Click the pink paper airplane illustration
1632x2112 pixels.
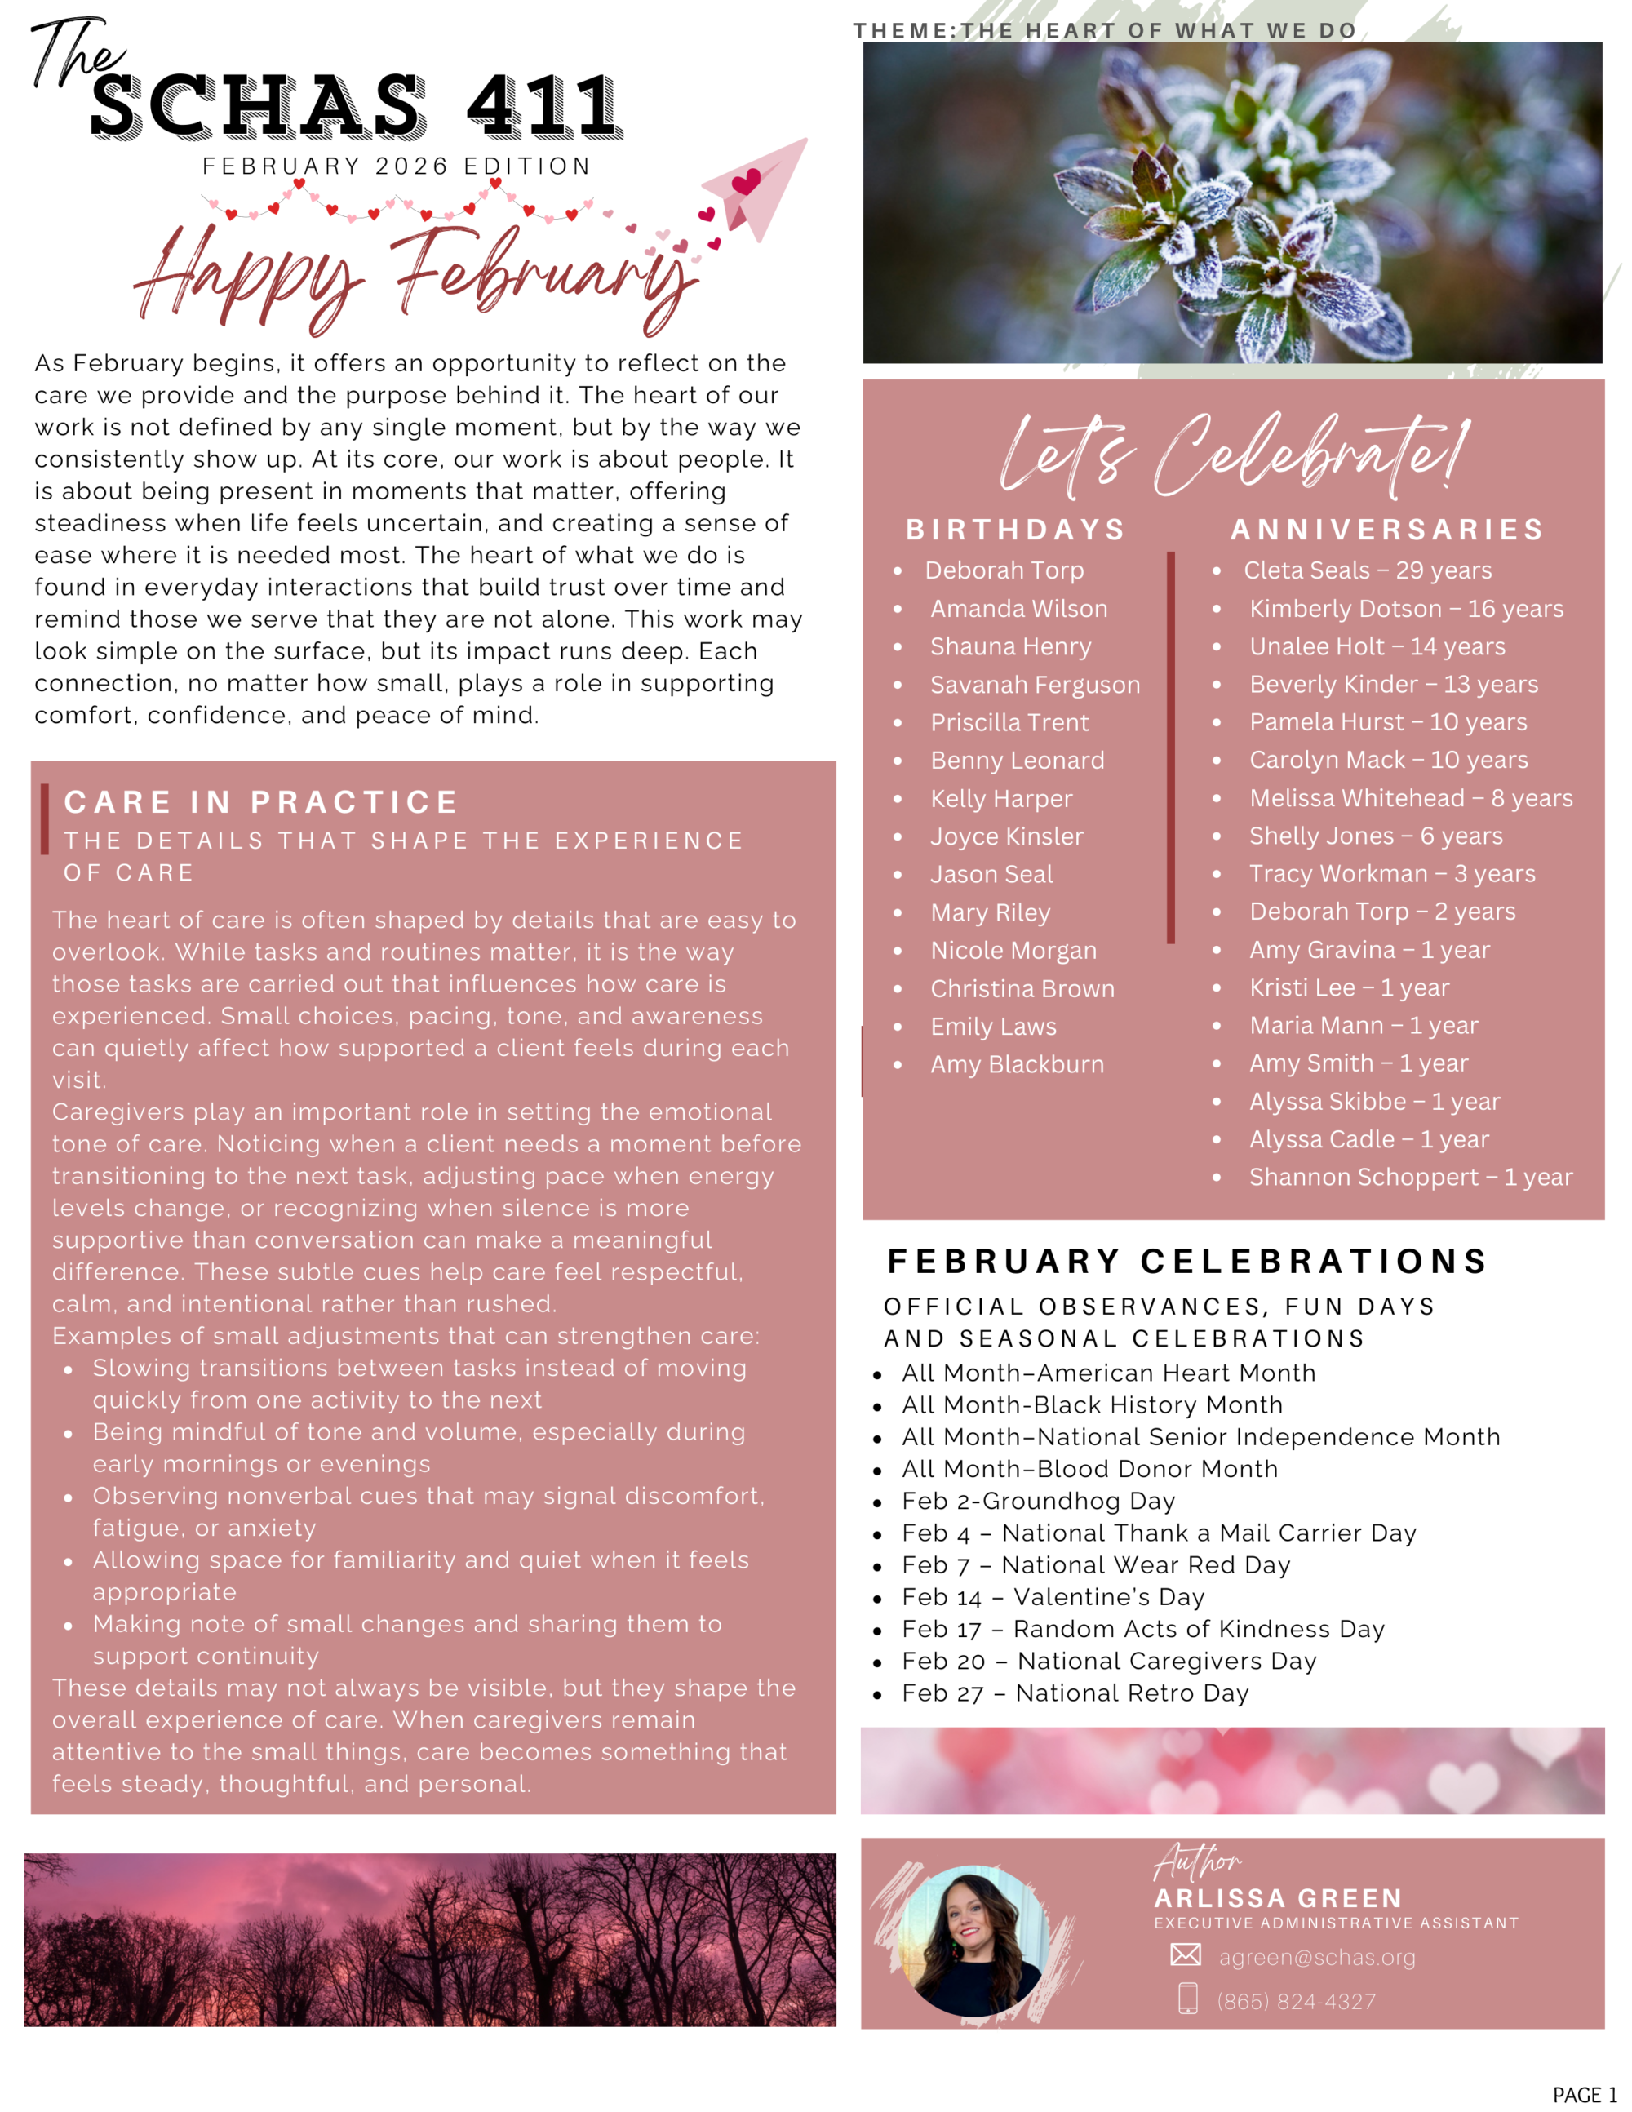[760, 189]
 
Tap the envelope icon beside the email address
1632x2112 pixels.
[1186, 1954]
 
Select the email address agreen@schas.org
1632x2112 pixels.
[1317, 1957]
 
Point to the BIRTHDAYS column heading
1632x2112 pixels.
[1016, 529]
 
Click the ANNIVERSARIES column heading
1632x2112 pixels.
[1387, 529]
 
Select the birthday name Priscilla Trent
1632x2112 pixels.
[1009, 722]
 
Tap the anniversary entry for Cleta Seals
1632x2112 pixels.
[1367, 570]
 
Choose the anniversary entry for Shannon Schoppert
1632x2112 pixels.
[1411, 1177]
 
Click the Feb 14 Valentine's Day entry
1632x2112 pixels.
[1053, 1596]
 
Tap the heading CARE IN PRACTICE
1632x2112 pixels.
[261, 801]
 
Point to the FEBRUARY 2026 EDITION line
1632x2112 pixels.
[397, 166]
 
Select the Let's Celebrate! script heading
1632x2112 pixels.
[1234, 453]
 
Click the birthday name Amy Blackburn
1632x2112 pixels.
[1017, 1063]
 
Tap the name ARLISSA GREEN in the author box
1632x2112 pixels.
[1278, 1897]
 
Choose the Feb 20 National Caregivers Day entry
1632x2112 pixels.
[1109, 1661]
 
